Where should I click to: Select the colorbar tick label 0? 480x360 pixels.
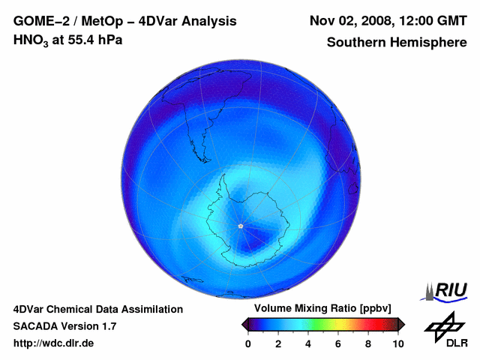click(248, 343)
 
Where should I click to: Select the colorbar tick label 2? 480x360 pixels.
click(278, 343)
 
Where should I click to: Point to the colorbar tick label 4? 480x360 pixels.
click(308, 343)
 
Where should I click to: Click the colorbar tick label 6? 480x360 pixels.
click(338, 343)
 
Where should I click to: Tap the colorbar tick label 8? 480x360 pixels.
click(368, 343)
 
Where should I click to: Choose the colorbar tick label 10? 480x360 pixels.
click(397, 343)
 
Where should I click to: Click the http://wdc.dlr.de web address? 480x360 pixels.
click(54, 343)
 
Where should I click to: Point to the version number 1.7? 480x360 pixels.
click(108, 326)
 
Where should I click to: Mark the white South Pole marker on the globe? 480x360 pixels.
click(240, 226)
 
